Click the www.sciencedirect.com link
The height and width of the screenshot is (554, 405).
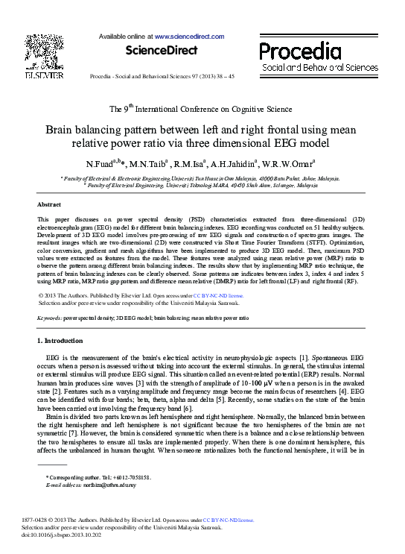(189, 36)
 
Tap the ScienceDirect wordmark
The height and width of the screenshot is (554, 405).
(162, 51)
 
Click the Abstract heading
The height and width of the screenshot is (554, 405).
(49, 204)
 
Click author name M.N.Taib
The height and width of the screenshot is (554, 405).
(147, 164)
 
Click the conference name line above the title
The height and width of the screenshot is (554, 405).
(201, 108)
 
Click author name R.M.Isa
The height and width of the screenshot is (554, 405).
(189, 164)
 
